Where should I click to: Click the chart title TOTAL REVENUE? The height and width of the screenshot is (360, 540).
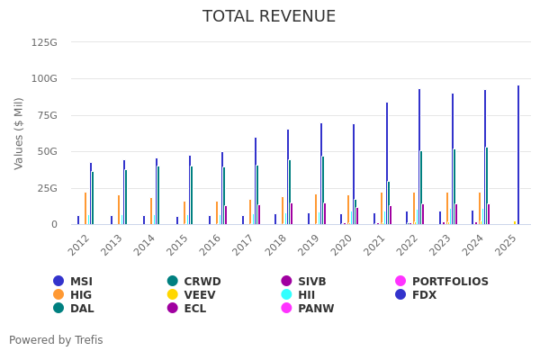pyautogui.click(x=269, y=17)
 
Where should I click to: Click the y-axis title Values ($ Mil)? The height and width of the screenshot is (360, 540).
pyautogui.click(x=19, y=133)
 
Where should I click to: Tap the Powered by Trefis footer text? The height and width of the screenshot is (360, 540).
pyautogui.click(x=56, y=340)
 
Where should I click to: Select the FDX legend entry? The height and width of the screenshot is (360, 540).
pyautogui.click(x=423, y=295)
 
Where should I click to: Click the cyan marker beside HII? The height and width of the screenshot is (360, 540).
pyautogui.click(x=287, y=295)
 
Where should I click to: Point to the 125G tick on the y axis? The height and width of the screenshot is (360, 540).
pyautogui.click(x=44, y=42)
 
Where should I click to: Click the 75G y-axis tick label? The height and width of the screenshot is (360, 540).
pyautogui.click(x=47, y=115)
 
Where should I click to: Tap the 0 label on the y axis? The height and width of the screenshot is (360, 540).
pyautogui.click(x=53, y=225)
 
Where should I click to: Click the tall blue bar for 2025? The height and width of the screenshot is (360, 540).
pyautogui.click(x=518, y=155)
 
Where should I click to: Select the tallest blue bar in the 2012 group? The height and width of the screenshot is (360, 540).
pyautogui.click(x=91, y=193)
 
